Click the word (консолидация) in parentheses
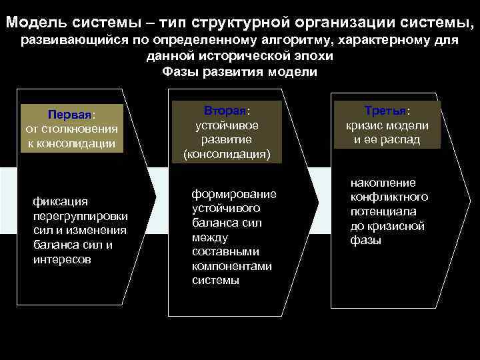(227, 155)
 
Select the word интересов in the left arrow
(63, 259)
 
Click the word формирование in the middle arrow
(234, 193)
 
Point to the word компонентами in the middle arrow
(232, 266)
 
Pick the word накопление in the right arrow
(383, 182)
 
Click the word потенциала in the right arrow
(383, 211)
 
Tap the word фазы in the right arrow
(366, 241)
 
